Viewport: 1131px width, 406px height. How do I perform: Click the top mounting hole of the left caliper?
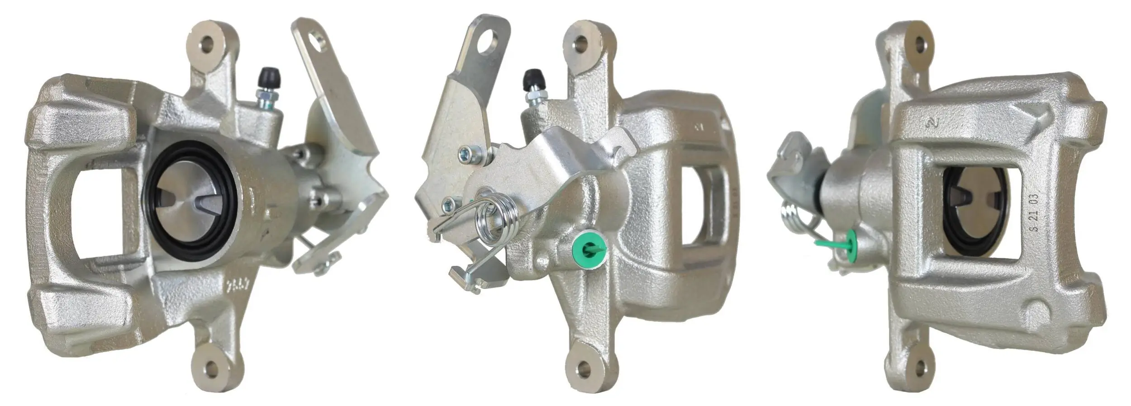coord(208,44)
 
